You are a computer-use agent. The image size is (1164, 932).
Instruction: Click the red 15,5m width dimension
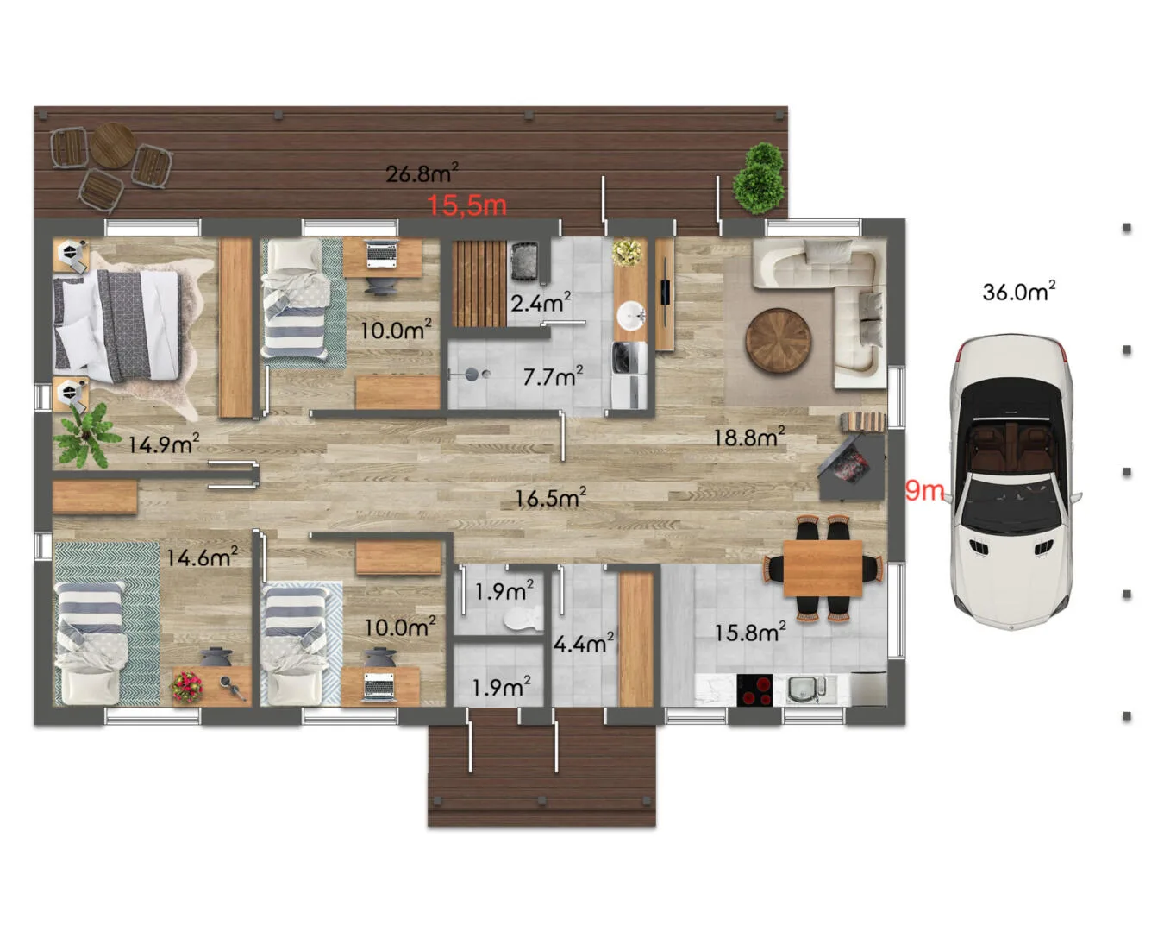point(466,205)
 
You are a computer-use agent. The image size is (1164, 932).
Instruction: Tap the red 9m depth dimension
point(924,490)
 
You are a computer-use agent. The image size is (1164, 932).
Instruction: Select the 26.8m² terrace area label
point(422,173)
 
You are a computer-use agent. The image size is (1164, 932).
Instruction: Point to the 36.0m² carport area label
point(1018,292)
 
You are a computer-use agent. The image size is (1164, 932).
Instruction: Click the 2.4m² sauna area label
point(541,302)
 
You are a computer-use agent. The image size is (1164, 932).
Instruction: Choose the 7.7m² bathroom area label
point(553,376)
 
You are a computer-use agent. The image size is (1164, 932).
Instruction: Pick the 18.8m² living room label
point(749,437)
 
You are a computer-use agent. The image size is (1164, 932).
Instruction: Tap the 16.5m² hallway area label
point(551,498)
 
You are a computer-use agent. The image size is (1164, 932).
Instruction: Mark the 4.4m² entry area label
point(584,643)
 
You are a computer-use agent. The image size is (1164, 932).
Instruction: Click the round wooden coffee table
point(779,341)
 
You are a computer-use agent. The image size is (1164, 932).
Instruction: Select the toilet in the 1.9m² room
point(523,619)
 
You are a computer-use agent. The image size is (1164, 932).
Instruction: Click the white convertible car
point(1012,482)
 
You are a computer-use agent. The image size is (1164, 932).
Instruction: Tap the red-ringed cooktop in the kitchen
point(754,690)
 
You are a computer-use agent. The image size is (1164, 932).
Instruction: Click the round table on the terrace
point(113,145)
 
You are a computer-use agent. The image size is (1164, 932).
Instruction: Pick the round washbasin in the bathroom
point(630,315)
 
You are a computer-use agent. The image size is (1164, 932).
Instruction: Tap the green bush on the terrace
point(760,178)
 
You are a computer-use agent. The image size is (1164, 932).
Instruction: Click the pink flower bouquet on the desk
point(186,687)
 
